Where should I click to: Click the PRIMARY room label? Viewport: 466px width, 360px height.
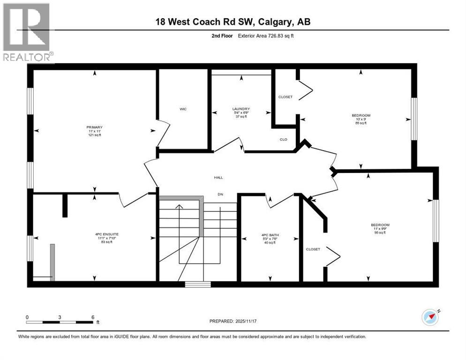tap(94, 127)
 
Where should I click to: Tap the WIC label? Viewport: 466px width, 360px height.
tap(183, 109)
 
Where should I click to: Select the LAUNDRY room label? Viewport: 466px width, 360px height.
tap(241, 109)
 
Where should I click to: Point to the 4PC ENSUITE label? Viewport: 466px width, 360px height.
tap(94, 233)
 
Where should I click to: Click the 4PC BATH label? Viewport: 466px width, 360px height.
tap(270, 234)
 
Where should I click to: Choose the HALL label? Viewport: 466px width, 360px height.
tap(218, 178)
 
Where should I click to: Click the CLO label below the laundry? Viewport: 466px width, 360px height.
tap(284, 139)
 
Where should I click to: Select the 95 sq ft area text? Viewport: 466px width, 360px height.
tap(379, 232)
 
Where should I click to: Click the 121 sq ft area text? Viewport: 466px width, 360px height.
tap(94, 135)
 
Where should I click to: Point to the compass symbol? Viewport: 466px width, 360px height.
tap(430, 317)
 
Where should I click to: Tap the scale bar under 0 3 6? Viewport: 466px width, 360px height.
tap(60, 322)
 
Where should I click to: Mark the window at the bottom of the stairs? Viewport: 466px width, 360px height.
tap(197, 284)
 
